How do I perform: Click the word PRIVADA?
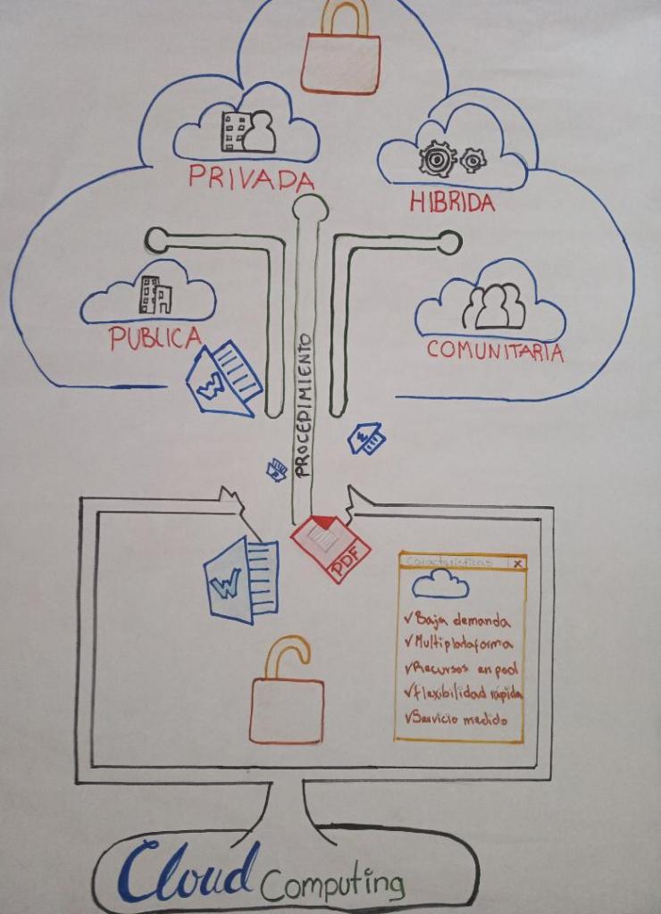click(x=251, y=178)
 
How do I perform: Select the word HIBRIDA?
click(x=452, y=203)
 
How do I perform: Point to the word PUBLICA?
click(x=155, y=337)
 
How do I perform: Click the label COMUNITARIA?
click(x=495, y=350)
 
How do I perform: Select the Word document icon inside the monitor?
click(x=241, y=580)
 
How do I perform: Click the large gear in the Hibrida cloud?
click(x=437, y=159)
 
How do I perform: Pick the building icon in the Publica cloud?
click(x=155, y=295)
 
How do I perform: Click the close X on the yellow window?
click(x=517, y=563)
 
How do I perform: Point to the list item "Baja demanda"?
click(x=457, y=619)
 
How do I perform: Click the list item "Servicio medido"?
click(x=456, y=718)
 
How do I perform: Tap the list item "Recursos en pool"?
click(x=462, y=668)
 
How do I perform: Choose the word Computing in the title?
click(x=332, y=884)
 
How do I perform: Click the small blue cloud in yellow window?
click(x=440, y=585)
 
